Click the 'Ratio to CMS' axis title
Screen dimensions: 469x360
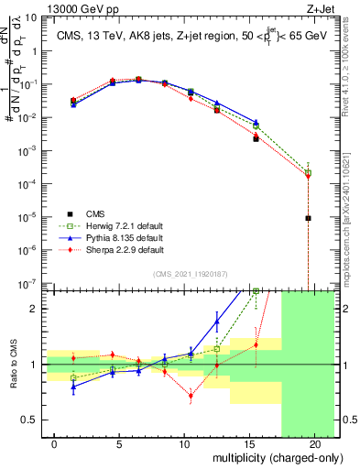pos(14,364)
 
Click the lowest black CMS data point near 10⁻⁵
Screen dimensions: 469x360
pos(309,218)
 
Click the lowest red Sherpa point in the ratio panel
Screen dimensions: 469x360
pos(191,397)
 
